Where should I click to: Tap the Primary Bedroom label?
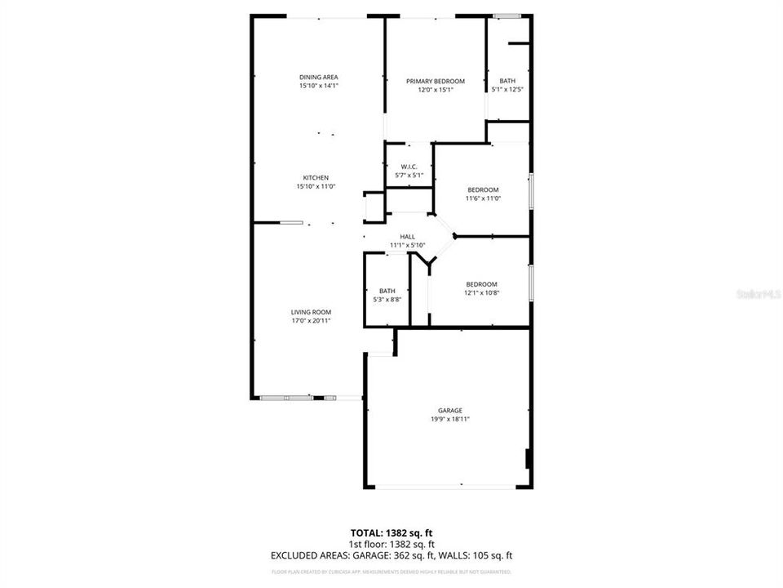click(x=436, y=81)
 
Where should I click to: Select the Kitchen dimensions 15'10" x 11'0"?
click(x=316, y=186)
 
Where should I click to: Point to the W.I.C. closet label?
click(x=409, y=167)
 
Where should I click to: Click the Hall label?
click(x=407, y=236)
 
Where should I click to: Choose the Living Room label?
click(x=311, y=312)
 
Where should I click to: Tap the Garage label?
click(x=449, y=410)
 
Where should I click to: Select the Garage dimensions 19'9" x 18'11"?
click(x=449, y=419)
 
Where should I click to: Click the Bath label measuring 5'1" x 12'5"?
click(x=507, y=81)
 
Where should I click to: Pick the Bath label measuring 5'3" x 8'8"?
click(x=387, y=291)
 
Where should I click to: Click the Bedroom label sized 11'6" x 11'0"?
click(x=482, y=189)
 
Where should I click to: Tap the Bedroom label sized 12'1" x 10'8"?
click(x=480, y=284)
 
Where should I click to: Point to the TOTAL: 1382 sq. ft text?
click(x=391, y=532)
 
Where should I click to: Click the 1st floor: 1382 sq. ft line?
click(x=391, y=544)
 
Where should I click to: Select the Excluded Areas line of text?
click(x=391, y=555)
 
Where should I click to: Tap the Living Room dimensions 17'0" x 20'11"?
click(x=311, y=321)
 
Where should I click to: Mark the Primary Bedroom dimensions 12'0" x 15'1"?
click(x=436, y=90)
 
